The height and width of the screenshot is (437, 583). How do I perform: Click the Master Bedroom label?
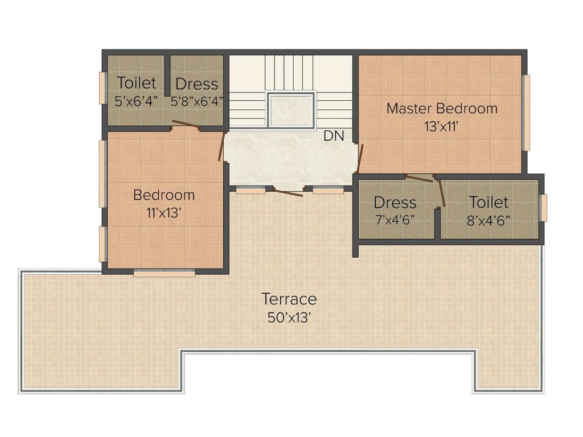(x=442, y=109)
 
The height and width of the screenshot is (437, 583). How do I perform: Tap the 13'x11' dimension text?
(x=441, y=127)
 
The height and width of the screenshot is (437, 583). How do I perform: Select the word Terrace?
(x=289, y=299)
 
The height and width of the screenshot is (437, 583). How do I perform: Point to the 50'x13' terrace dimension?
(x=289, y=318)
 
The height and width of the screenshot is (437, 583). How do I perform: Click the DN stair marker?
(x=334, y=136)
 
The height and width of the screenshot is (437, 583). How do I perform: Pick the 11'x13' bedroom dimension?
(x=163, y=213)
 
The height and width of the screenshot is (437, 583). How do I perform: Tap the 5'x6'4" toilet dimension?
(x=136, y=101)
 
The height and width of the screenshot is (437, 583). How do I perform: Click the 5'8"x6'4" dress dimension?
(x=196, y=101)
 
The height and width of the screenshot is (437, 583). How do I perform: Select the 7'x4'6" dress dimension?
(x=395, y=220)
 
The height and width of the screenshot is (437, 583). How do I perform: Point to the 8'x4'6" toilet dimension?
(x=488, y=221)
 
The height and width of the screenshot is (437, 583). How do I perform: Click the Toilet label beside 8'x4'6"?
(x=488, y=203)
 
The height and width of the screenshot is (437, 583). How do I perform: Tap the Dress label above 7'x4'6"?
(x=395, y=203)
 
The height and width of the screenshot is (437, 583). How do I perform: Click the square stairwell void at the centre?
(x=291, y=110)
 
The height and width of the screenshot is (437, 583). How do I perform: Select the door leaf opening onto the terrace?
(x=289, y=192)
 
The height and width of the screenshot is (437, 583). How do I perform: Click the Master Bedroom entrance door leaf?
(x=359, y=159)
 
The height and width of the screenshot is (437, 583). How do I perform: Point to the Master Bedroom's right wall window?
(x=526, y=113)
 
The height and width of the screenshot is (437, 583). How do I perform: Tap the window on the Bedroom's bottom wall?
(x=165, y=273)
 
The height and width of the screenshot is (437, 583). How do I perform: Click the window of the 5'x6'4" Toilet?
(x=102, y=88)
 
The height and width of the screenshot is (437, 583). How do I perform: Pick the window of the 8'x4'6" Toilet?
(x=544, y=208)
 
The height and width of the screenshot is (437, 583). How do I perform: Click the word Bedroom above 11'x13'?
(x=164, y=195)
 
